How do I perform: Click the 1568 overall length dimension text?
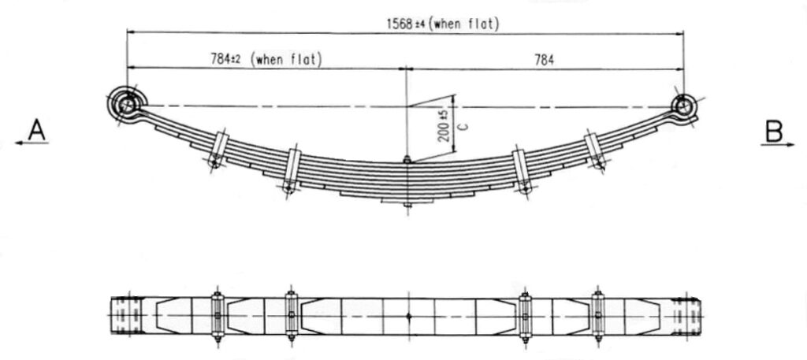tap(442, 24)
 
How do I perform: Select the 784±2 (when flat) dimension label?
tap(266, 59)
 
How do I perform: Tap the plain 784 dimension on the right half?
tap(544, 60)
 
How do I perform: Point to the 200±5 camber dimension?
tap(446, 125)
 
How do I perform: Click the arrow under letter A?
tap(32, 143)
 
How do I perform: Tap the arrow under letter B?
tap(778, 145)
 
